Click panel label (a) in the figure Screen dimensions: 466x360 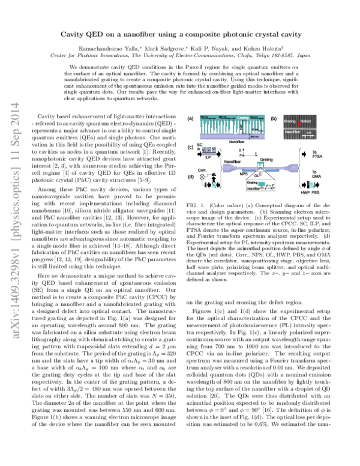pyautogui.click(x=191, y=120)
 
